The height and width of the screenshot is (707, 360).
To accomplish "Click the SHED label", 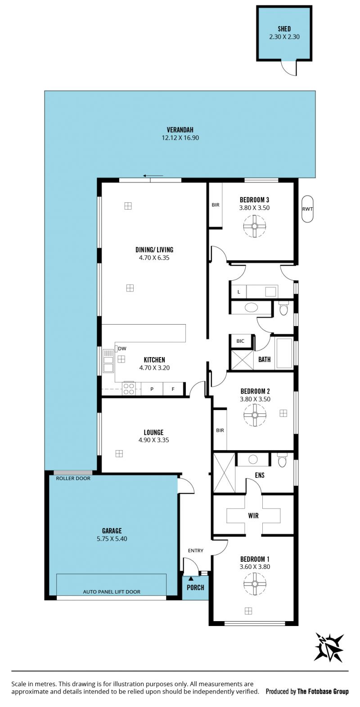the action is (284, 29).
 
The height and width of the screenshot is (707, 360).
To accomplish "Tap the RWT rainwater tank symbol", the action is (307, 209).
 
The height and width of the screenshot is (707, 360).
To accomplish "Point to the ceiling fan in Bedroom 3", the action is (255, 226).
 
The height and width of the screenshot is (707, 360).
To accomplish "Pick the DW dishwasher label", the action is (122, 349).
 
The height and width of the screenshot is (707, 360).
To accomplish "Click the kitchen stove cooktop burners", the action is (129, 389).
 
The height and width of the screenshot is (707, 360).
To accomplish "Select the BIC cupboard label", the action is (240, 341).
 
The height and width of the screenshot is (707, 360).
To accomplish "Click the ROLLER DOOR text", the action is (73, 478).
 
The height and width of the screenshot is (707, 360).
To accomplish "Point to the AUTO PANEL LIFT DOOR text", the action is (112, 592).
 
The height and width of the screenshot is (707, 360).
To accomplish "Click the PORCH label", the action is (195, 587).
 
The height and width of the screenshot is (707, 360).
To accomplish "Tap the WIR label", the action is (253, 515).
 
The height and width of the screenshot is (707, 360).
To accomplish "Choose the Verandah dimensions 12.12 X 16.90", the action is (180, 138).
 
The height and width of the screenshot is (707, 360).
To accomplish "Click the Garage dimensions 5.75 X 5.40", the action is (112, 538).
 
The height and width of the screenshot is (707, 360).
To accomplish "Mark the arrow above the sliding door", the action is (153, 175).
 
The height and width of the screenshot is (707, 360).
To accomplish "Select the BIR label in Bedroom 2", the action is (220, 430).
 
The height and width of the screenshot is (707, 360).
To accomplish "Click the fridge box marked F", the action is (173, 389).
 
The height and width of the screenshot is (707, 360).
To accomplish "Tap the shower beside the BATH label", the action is (243, 359).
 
